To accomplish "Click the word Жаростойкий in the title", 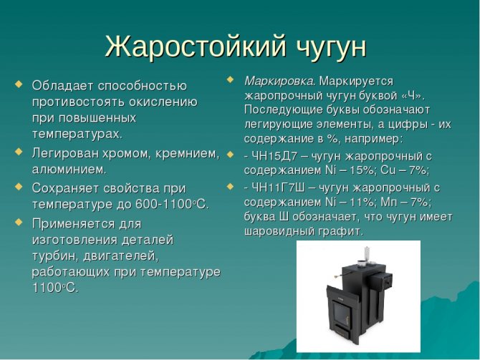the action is point(196,47).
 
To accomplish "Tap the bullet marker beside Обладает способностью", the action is point(19,84).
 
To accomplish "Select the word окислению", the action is point(163,102).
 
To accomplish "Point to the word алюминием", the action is point(69,170).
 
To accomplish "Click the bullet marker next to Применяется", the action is point(19,221).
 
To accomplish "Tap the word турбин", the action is point(55,256).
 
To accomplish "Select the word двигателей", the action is point(121,256).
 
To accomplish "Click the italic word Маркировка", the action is point(279,82).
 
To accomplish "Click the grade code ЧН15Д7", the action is point(274,156).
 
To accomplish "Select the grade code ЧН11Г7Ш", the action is point(278,188).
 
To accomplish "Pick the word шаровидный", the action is point(279,231).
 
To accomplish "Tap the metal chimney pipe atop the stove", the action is point(367,254).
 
